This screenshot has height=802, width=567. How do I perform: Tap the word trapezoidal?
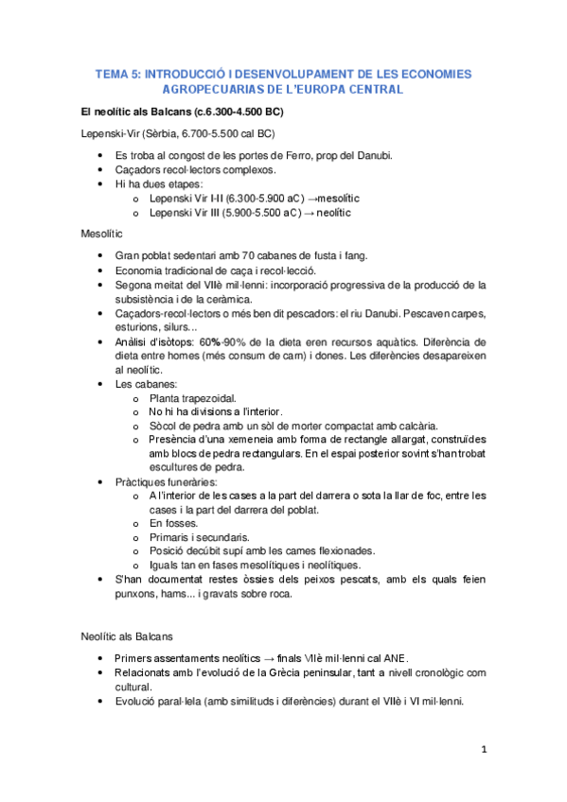pos(206,398)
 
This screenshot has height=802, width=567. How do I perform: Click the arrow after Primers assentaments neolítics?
pos(270,658)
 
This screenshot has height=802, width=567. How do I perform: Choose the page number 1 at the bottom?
pos(483,750)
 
